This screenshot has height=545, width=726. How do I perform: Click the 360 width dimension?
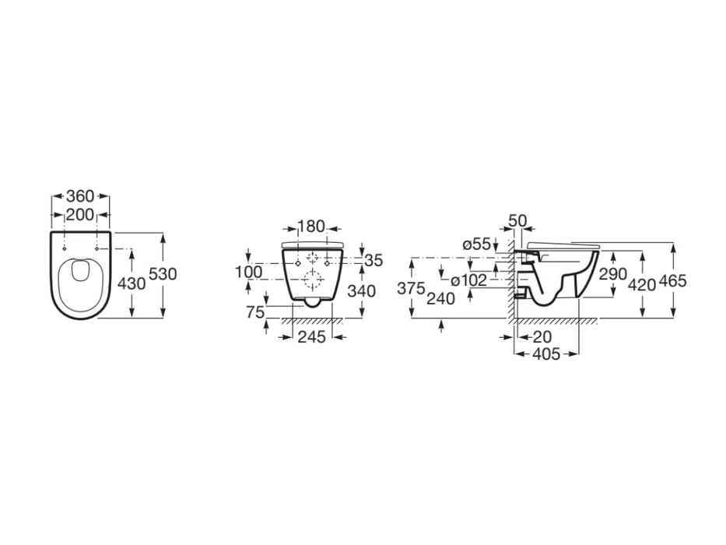pos(80,196)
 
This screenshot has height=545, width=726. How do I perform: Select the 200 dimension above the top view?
pos(80,215)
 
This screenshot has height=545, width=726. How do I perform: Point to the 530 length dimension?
pos(163,274)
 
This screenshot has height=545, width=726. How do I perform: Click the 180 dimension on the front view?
pos(311,227)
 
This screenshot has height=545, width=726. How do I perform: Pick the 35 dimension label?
pos(374,261)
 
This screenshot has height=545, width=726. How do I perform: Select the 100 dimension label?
pos(248,272)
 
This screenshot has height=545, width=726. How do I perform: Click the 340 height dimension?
pos(362,291)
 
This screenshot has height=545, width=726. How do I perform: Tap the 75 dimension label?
pos(255,312)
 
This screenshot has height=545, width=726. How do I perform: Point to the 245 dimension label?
pos(311,337)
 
